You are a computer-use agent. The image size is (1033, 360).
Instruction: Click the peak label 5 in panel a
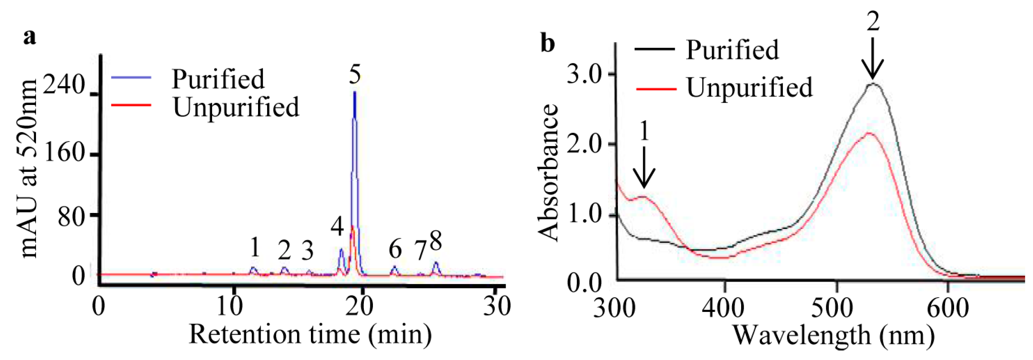click(x=355, y=75)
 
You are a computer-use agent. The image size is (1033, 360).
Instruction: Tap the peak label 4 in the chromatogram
click(x=337, y=226)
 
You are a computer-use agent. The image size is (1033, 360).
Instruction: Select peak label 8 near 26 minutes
click(x=435, y=241)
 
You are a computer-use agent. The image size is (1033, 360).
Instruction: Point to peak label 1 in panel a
click(x=255, y=248)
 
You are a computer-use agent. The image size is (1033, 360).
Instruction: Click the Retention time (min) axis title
click(x=310, y=335)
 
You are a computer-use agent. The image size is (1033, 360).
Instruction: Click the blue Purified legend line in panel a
click(x=131, y=78)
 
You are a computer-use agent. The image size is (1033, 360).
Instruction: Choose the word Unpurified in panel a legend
click(x=236, y=107)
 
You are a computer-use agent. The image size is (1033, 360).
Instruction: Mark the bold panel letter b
click(x=548, y=44)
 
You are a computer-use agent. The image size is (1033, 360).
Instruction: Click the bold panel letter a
click(x=29, y=37)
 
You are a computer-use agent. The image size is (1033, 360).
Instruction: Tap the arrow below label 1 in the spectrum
click(x=644, y=167)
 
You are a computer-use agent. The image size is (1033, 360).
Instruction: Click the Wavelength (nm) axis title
click(x=833, y=336)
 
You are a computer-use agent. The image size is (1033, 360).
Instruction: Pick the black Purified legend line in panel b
click(x=654, y=49)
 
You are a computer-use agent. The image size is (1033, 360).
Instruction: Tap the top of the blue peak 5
click(x=355, y=92)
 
